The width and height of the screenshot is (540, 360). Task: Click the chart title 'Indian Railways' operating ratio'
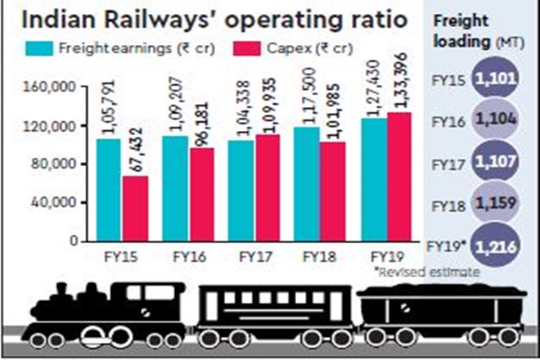pyautogui.click(x=209, y=18)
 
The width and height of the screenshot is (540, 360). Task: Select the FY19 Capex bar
pyautogui.click(x=397, y=177)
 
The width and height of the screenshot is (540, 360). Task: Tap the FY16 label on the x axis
pyautogui.click(x=189, y=254)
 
